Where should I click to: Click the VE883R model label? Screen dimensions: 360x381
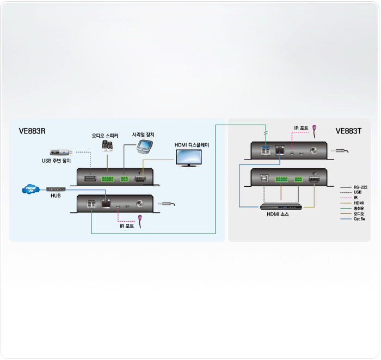32,131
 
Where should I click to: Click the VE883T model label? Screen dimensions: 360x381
348,131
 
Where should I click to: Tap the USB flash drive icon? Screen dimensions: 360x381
60,152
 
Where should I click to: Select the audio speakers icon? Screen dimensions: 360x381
108,146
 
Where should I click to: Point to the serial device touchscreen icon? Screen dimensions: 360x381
144,146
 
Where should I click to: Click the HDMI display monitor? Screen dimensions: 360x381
188,158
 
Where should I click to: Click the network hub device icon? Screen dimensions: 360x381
56,189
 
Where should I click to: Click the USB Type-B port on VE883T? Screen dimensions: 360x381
263,179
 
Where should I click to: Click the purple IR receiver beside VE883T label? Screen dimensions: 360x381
315,130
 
